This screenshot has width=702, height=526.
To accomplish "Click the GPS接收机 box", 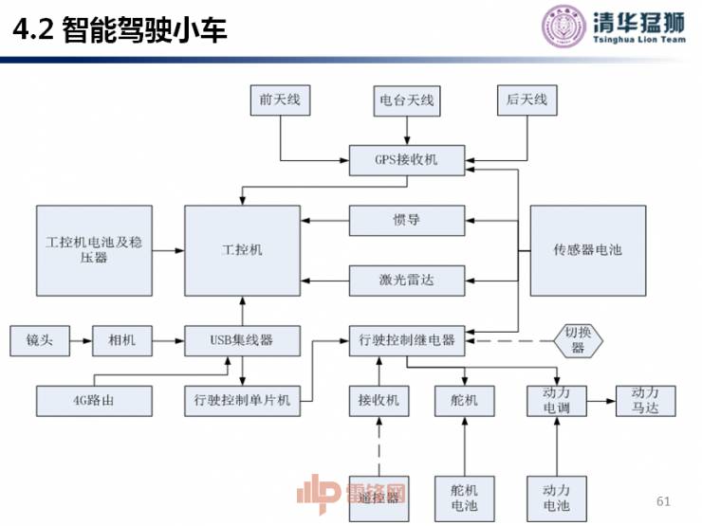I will tap(407, 160).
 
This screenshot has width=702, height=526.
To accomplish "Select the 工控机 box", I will tap(242, 250).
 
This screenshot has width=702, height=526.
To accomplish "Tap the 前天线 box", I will tap(280, 100).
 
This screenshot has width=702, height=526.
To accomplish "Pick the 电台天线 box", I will tap(406, 100).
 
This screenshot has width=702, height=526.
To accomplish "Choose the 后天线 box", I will tap(526, 100).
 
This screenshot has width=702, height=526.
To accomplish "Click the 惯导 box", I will tap(407, 220).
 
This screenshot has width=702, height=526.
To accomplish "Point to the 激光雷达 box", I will tap(407, 280).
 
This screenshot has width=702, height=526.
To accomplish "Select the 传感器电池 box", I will tap(588, 250).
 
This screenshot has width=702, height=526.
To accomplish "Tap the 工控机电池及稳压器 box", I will tap(94, 250).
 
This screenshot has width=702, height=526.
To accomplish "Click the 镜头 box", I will tap(39, 339).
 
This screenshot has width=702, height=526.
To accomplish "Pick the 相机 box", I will tap(121, 339).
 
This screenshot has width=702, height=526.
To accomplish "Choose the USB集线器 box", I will tap(242, 339).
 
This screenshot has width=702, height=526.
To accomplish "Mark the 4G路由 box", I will tap(94, 401).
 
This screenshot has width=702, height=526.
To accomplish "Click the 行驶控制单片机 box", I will tap(242, 401).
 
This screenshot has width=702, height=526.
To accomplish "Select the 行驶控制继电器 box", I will tap(407, 339).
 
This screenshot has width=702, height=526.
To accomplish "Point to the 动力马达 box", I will tap(645, 401).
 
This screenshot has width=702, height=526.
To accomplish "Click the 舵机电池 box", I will tap(464, 499).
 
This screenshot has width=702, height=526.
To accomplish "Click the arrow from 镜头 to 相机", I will tap(81, 339).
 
